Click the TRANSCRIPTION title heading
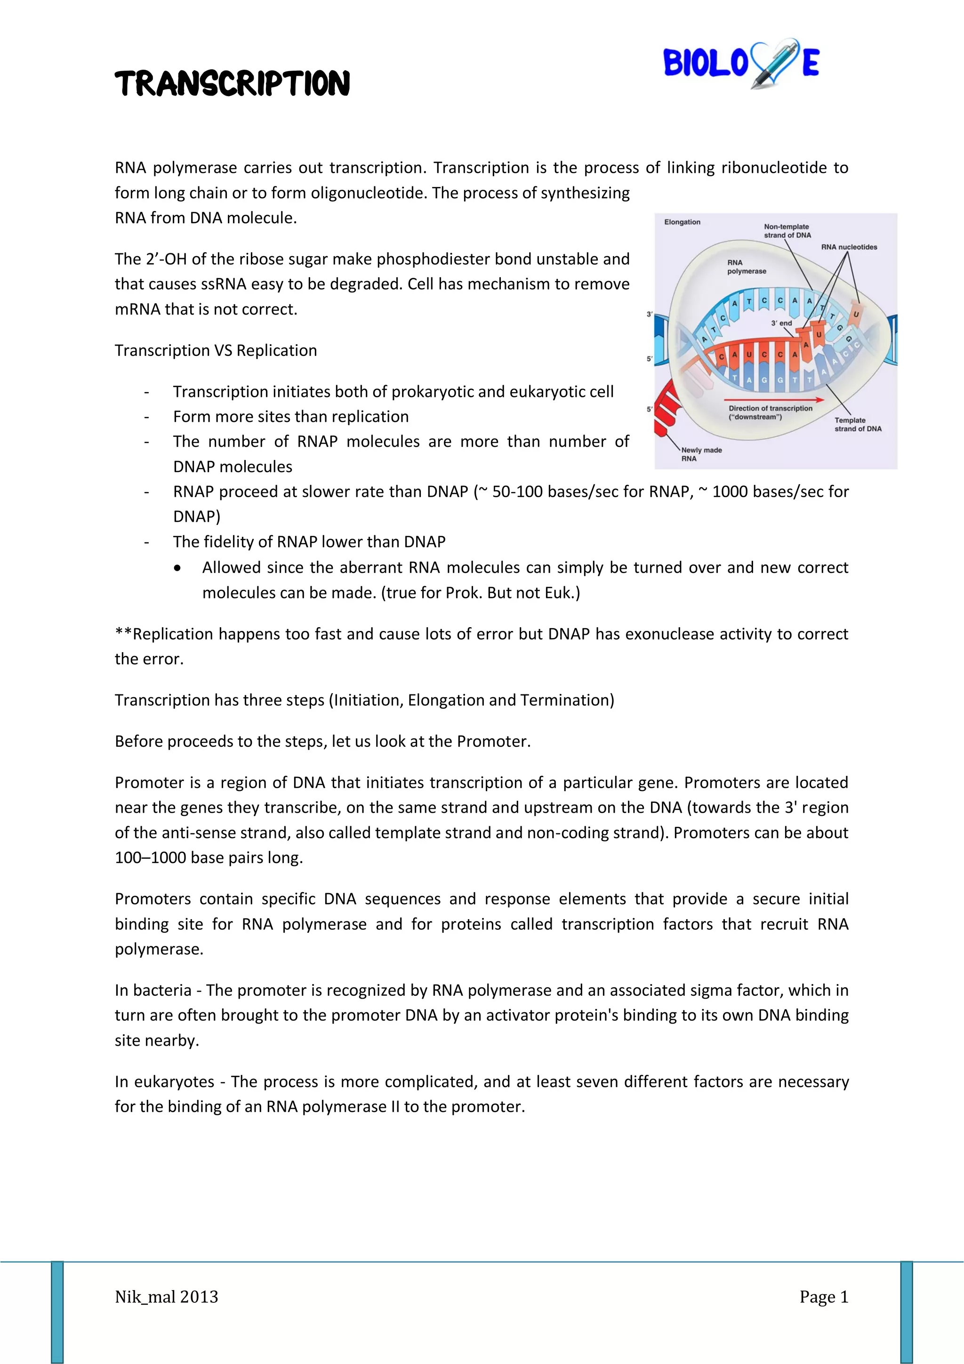coord(232,83)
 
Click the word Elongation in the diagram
coord(682,222)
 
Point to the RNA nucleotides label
coord(849,247)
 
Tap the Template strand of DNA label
coord(857,424)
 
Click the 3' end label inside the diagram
coord(781,323)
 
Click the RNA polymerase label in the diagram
coord(746,267)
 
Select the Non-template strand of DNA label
coord(787,231)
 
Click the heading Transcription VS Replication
coord(216,350)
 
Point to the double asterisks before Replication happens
coord(123,633)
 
